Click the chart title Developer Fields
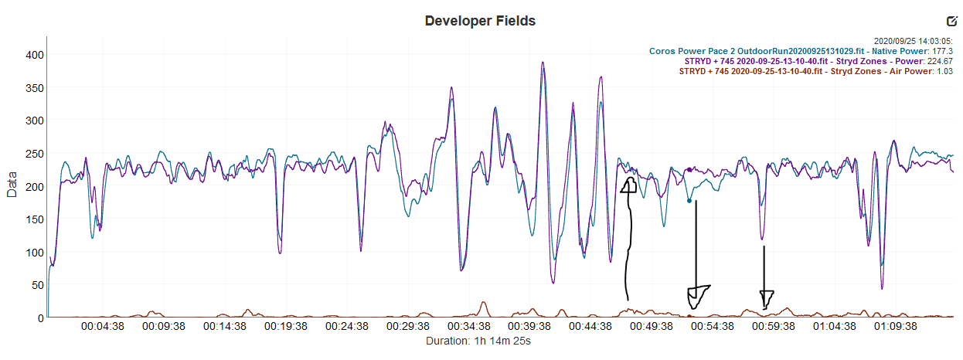click(x=480, y=21)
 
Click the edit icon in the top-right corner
click(x=951, y=21)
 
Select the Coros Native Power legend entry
click(x=801, y=51)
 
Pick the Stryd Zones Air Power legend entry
click(x=815, y=71)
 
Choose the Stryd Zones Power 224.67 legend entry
click(x=818, y=61)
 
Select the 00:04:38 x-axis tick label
click(x=102, y=327)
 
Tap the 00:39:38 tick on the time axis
click(x=529, y=327)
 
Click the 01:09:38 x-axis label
click(x=895, y=327)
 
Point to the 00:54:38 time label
click(x=713, y=327)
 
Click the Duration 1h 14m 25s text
click(x=478, y=341)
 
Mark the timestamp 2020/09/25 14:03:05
click(x=914, y=41)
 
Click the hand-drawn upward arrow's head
click(x=628, y=185)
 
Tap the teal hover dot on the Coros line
click(x=689, y=201)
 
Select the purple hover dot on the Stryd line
click(x=689, y=169)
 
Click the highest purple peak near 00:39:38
click(x=543, y=63)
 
